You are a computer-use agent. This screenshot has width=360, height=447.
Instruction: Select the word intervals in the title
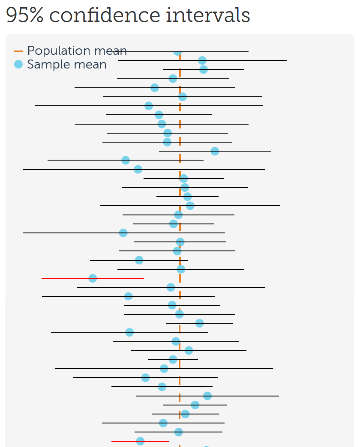208,15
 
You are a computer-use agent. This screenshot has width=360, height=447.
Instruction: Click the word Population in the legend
60,51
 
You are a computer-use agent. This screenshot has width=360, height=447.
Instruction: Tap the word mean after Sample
90,65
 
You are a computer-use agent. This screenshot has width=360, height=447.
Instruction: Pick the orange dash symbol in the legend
18,51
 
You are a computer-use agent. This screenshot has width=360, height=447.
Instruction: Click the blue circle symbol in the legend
18,65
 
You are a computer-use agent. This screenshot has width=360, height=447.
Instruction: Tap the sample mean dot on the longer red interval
93,278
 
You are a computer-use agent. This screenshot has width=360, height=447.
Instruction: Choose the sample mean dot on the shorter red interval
140,441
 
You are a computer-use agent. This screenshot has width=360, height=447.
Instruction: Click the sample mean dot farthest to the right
215,151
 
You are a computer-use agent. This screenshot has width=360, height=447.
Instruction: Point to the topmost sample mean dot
177,52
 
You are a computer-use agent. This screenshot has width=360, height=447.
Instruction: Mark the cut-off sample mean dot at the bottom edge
206,446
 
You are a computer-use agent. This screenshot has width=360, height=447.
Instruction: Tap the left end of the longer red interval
42,278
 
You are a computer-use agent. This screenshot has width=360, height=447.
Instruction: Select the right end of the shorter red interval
169,441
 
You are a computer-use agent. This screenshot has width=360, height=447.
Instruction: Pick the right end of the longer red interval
144,278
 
